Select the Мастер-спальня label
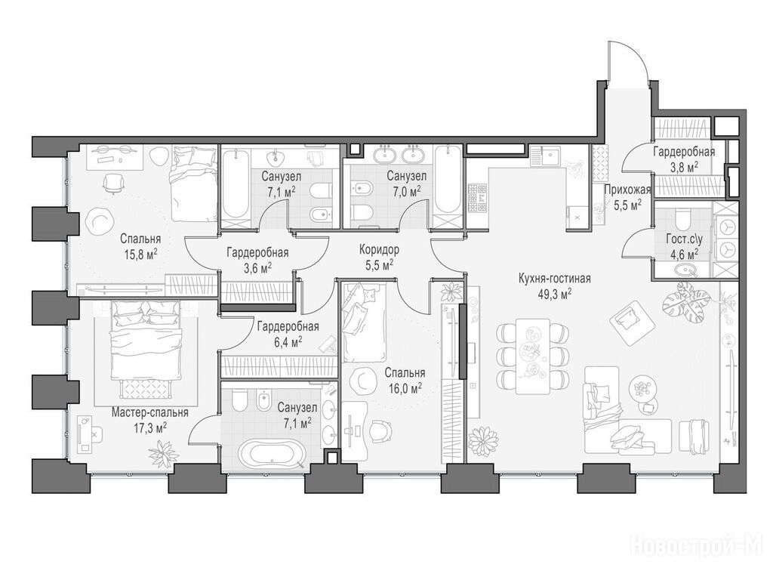coord(150,412)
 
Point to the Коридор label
coord(379,249)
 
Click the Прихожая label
coord(627,190)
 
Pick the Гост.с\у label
coord(682,239)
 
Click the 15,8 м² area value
coord(140,255)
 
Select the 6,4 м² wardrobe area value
coord(288,341)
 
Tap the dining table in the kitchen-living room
coord(532,356)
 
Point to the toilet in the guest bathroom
coord(682,217)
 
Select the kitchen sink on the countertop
coord(550,157)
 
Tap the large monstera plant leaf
coord(685,303)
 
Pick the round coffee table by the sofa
coord(642,387)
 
